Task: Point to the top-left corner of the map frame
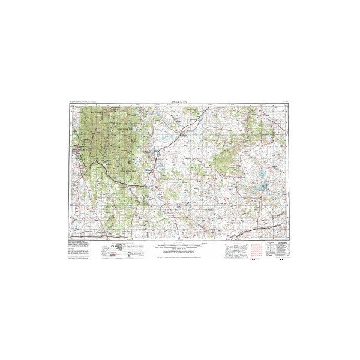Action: pyautogui.click(x=70, y=106)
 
